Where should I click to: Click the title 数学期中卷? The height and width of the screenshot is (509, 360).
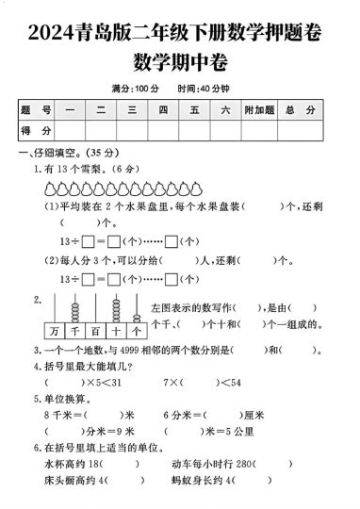[x=179, y=63]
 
